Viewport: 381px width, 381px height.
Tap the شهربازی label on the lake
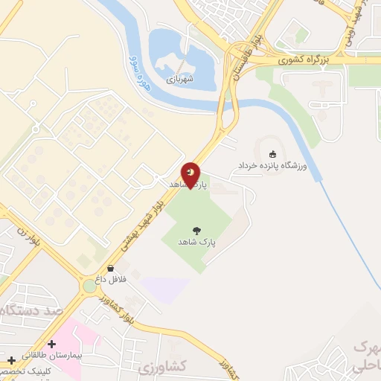(179, 77)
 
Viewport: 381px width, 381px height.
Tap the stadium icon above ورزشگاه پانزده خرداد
(273, 153)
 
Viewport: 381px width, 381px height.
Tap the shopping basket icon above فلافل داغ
(111, 268)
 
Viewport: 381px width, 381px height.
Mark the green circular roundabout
(90, 285)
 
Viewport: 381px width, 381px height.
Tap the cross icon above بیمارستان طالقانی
(51, 345)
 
